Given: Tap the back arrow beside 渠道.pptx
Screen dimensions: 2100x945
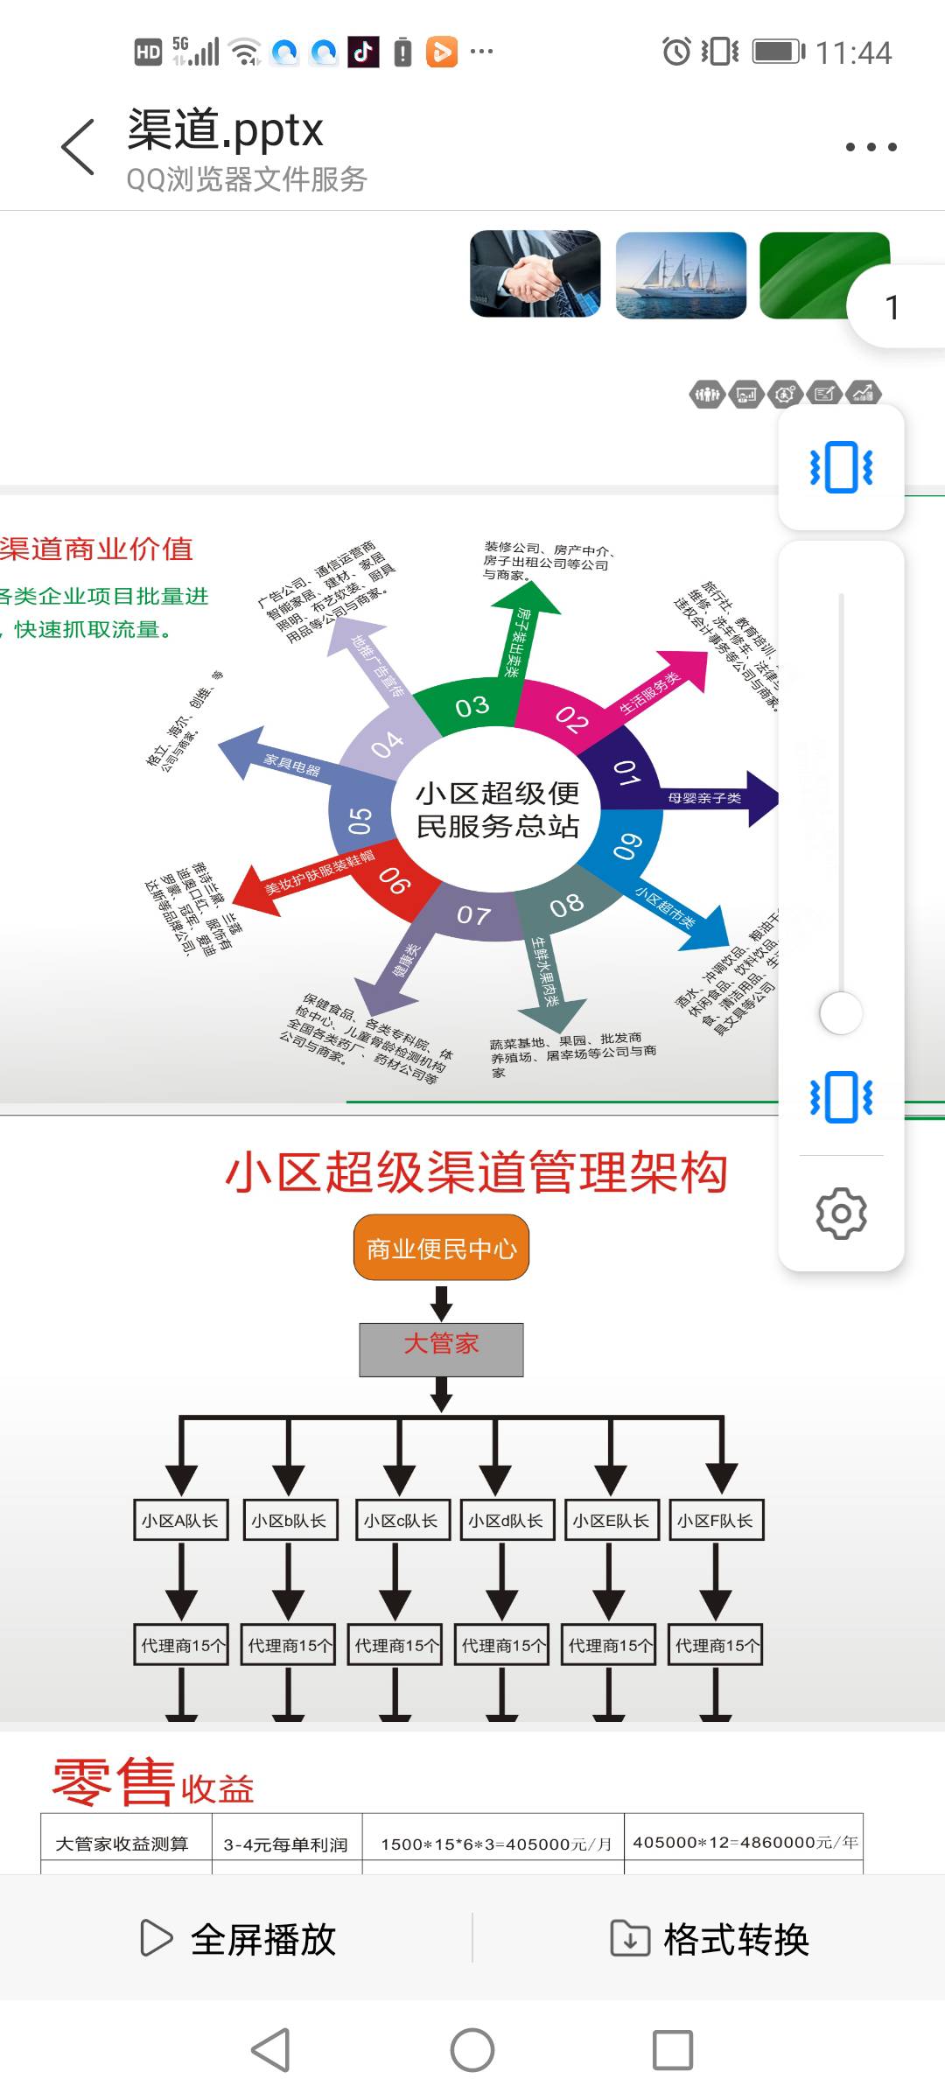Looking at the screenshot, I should pos(78,147).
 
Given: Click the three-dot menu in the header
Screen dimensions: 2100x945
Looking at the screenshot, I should pos(871,147).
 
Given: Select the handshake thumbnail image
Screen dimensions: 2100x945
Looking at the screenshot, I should pos(535,274).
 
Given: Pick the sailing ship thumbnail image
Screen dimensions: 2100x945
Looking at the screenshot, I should pos(681,274).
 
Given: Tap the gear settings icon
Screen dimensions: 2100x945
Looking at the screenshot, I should pos(841,1214).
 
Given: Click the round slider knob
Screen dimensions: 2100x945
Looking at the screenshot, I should pos(841,1013).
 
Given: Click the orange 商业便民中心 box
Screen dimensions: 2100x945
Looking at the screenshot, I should pos(441,1248).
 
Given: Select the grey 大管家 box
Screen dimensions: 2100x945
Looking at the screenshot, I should pos(441,1349).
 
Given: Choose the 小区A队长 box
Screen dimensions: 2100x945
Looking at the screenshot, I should pos(181,1521).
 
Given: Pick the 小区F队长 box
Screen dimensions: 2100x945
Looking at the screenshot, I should pos(716,1521).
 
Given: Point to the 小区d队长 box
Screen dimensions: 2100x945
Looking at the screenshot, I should pos(505,1521).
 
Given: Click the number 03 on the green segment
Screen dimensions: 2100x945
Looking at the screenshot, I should pos(472,706).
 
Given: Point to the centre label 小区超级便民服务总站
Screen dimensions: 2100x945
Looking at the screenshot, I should pos(497,809).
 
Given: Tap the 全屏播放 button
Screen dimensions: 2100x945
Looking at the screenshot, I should pos(238,1939).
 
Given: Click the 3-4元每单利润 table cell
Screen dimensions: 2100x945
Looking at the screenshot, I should pos(286,1844).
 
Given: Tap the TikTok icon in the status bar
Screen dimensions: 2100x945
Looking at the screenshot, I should pos(363,52).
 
